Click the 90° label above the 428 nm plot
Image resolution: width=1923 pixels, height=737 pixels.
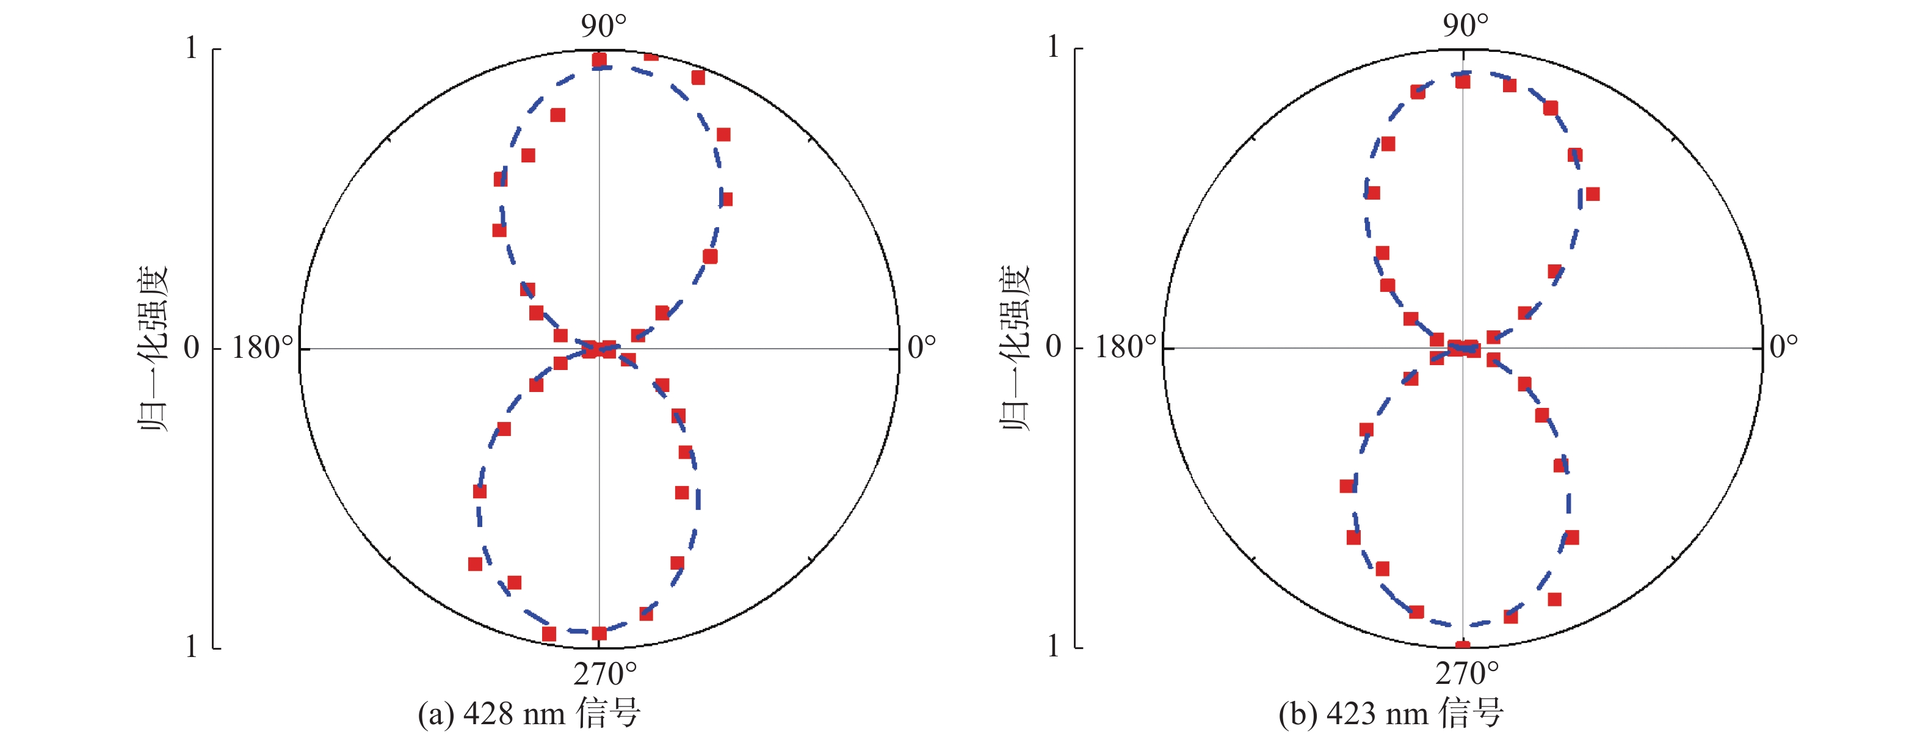coord(604,26)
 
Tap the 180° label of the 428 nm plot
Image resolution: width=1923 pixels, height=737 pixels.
coord(262,348)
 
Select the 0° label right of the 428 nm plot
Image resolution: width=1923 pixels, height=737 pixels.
coord(921,347)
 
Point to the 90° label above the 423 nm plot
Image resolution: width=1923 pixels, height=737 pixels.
coord(1465,26)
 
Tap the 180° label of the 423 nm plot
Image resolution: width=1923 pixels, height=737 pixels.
coord(1125,348)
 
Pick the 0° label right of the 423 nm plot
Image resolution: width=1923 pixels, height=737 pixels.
coord(1783,347)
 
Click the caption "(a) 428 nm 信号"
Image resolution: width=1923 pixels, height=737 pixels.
coord(529,714)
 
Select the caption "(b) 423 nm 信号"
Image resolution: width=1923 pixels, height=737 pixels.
coord(1391,714)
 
